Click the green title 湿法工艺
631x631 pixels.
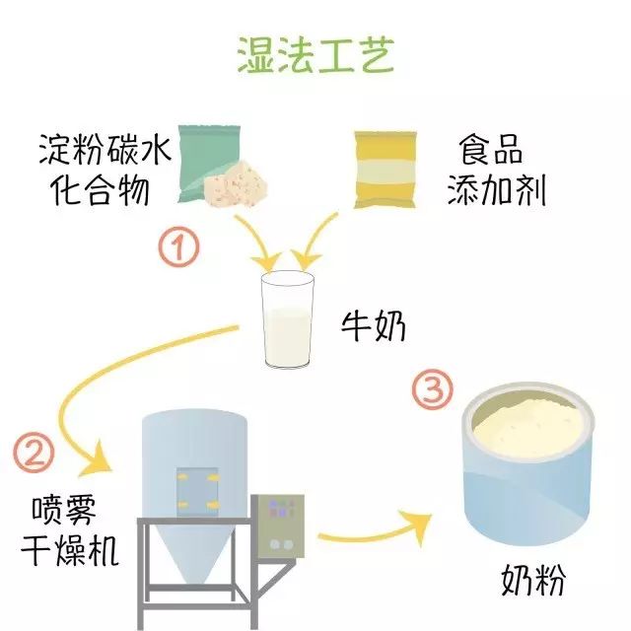pyautogui.click(x=315, y=56)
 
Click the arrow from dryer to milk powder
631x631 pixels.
pyautogui.click(x=380, y=533)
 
